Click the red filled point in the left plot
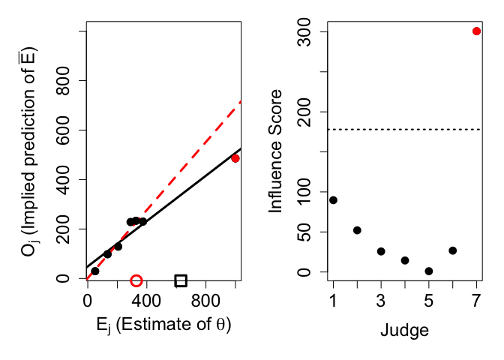tap(235, 158)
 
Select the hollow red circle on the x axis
tap(136, 280)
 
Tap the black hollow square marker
tap(181, 280)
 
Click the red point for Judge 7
tap(477, 31)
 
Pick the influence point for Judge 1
tap(333, 200)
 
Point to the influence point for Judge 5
tap(429, 271)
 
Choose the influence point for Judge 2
tap(357, 230)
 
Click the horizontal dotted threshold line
tap(405, 130)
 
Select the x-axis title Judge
tap(405, 329)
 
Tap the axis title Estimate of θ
tap(162, 325)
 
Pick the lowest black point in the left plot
tap(94, 271)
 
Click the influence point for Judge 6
tap(453, 250)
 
